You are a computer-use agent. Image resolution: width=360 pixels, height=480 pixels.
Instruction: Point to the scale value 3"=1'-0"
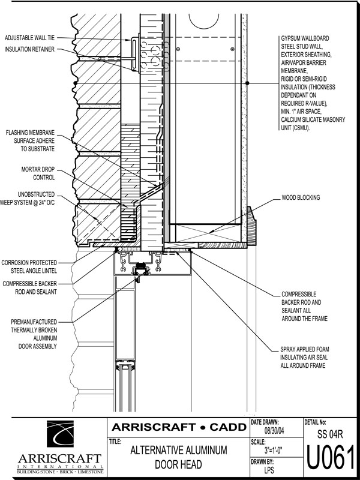(275, 449)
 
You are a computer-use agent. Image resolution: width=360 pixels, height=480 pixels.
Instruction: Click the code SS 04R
(330, 433)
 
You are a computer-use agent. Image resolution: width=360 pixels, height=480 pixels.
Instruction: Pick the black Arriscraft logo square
(67, 436)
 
